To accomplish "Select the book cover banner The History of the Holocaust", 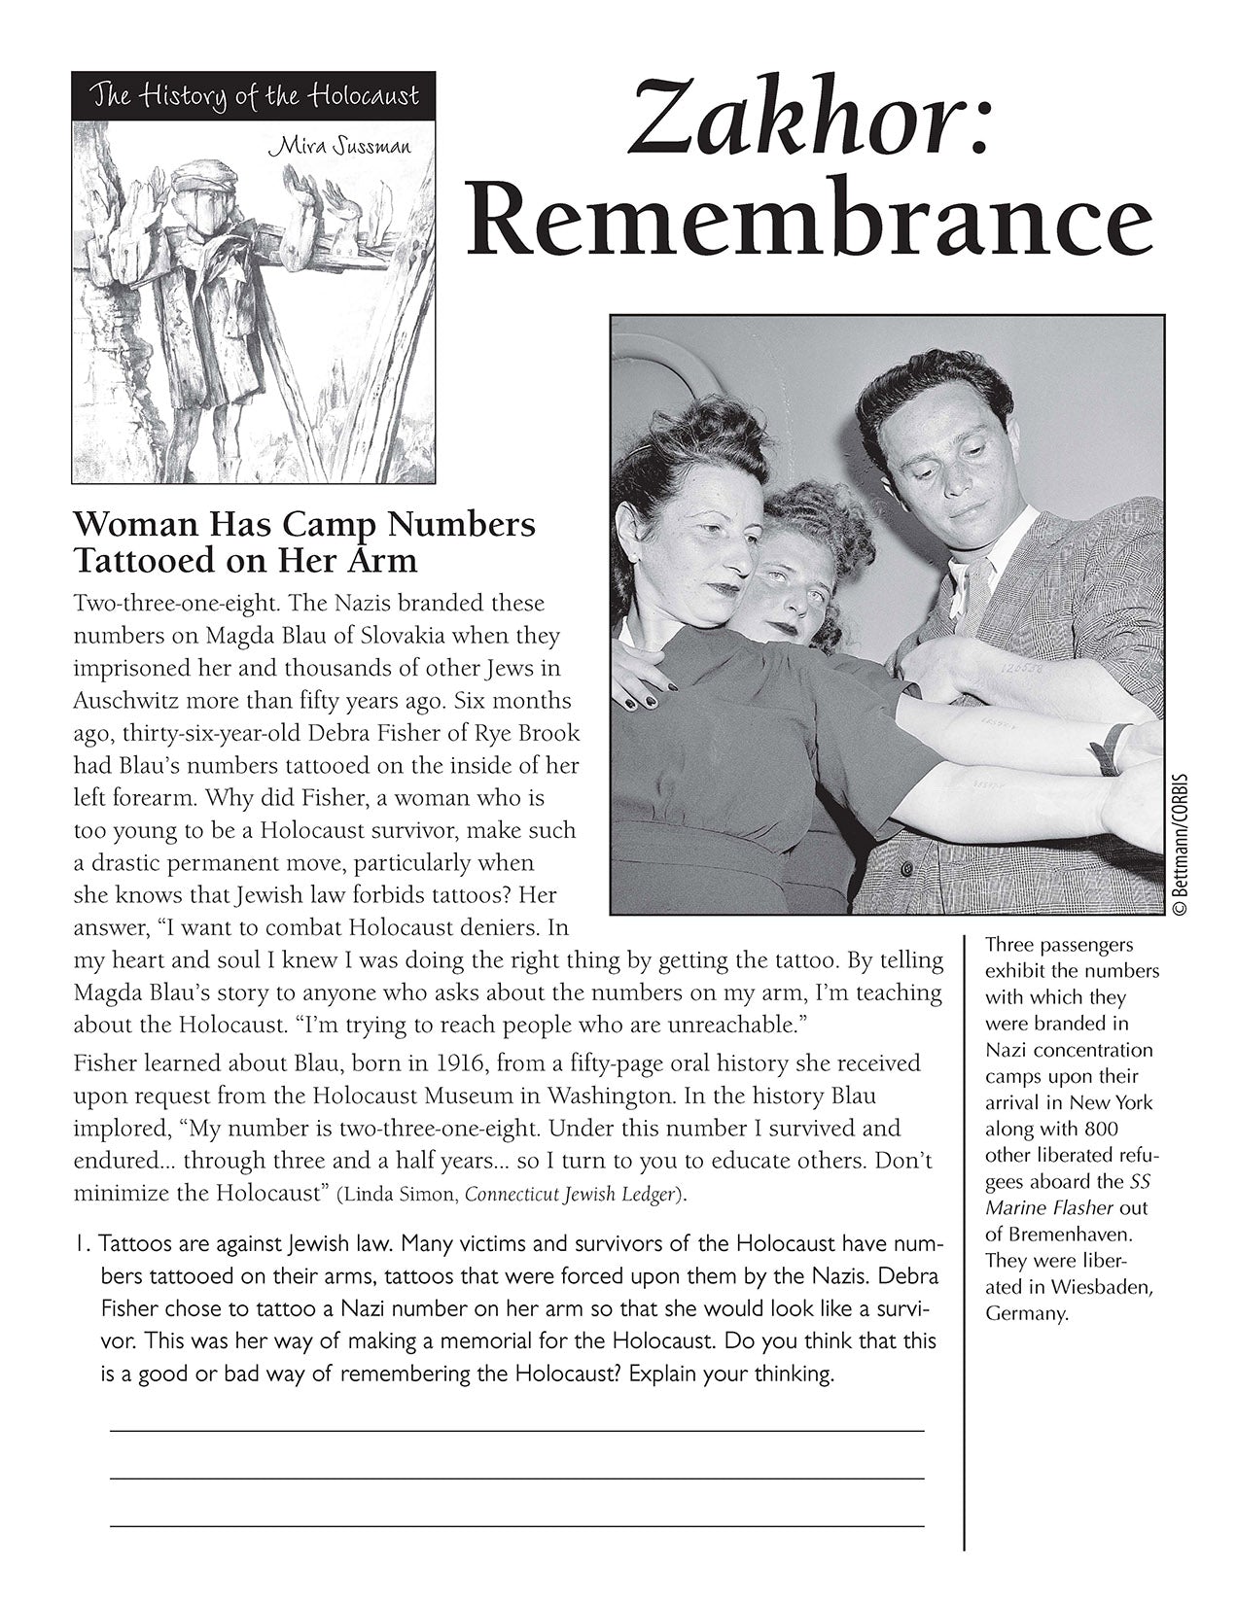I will point(253,96).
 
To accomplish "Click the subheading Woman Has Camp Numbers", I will point(304,525).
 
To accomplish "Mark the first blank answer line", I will point(516,1431).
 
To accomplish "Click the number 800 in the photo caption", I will point(1100,1130).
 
